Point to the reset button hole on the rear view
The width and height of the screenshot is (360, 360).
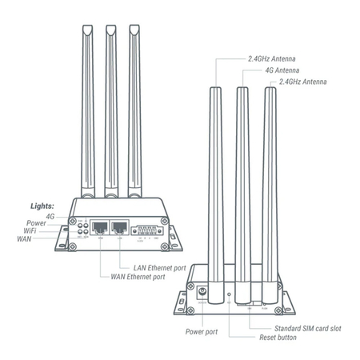(230, 302)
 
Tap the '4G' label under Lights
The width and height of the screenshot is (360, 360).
(50, 216)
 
